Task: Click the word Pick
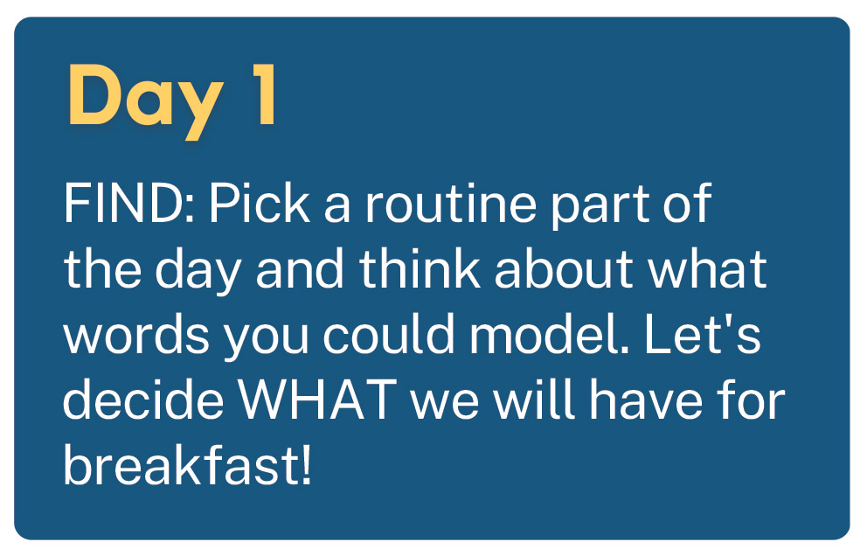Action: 259,203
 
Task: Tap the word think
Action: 420,269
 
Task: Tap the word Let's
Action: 702,334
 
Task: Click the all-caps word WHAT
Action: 317,400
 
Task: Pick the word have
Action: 645,400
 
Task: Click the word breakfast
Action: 180,465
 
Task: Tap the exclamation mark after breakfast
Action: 306,466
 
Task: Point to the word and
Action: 300,269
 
